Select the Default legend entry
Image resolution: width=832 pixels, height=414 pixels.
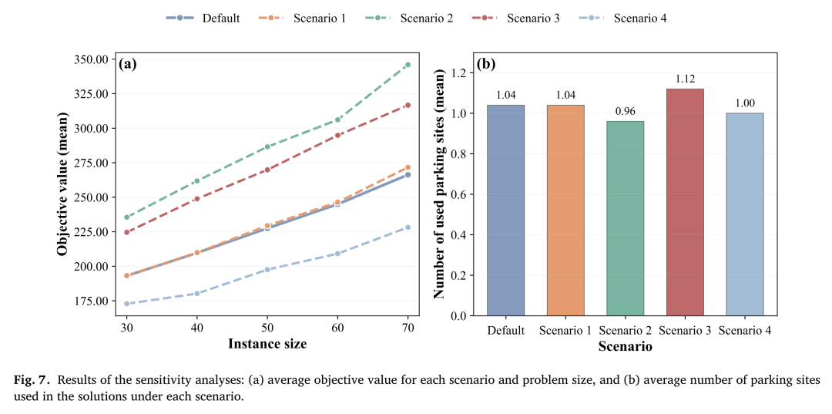coord(203,19)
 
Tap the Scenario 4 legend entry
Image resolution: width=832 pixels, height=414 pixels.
coord(622,19)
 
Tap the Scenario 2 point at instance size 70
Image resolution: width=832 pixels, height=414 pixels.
coord(408,65)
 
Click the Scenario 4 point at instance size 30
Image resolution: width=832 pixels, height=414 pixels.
coord(127,304)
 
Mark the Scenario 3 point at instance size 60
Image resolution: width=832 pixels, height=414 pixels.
coord(337,136)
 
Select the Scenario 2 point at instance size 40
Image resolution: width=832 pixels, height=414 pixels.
coord(197,181)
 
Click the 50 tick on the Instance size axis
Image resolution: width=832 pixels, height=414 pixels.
coord(267,328)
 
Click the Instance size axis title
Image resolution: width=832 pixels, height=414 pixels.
coord(267,344)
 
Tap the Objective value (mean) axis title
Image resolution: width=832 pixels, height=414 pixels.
coord(62,183)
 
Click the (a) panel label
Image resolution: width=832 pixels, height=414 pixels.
coord(128,65)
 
